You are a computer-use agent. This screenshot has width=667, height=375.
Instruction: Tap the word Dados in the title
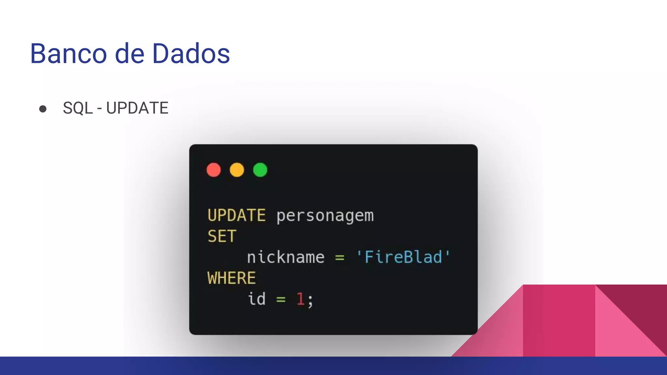click(x=191, y=54)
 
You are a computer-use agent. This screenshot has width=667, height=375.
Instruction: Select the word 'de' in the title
click(x=130, y=54)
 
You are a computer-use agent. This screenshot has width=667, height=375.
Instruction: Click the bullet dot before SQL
click(x=43, y=109)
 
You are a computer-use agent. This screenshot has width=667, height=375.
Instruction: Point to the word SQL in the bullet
click(x=78, y=108)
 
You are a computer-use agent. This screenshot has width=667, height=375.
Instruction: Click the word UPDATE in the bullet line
click(x=137, y=108)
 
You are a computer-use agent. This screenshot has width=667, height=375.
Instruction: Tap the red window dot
click(x=214, y=170)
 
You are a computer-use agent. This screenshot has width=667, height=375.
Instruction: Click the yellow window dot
click(x=237, y=170)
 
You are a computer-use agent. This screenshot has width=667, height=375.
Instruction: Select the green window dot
click(x=260, y=170)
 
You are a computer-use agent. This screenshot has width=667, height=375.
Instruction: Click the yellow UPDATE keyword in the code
click(x=236, y=215)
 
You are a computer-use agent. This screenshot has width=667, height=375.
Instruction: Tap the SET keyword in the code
click(x=222, y=236)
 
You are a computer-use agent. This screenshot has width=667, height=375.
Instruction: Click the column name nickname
click(x=286, y=257)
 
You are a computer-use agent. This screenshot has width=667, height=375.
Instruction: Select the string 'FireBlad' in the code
click(x=403, y=257)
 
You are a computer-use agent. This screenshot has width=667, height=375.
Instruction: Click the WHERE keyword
click(x=232, y=278)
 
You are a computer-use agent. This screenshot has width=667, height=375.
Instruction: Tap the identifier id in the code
click(x=257, y=299)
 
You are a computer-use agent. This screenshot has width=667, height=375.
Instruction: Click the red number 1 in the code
click(x=300, y=299)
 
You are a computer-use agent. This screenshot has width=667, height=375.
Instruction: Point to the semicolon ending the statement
click(x=310, y=300)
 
